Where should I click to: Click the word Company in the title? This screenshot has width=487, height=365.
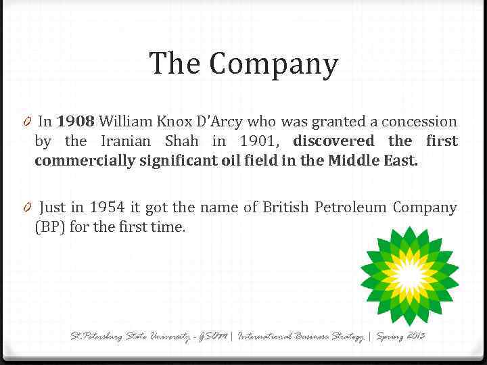pos(273,65)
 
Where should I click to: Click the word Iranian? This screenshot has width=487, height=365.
pos(128,141)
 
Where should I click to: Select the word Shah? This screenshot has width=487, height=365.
pos(182,141)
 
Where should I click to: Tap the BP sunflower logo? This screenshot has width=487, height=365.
pos(408,274)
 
